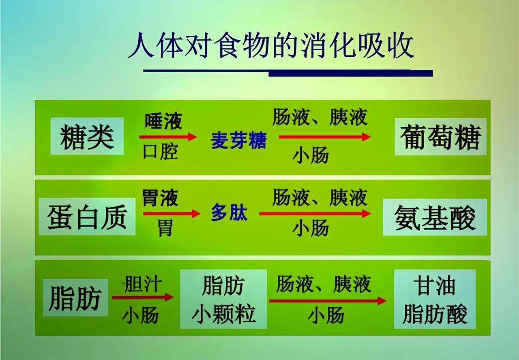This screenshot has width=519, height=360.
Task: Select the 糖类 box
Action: (87, 136)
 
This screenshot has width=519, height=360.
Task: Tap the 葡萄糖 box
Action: (440, 137)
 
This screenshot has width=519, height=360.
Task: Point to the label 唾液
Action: (163, 121)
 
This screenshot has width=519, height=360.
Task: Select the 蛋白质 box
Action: (87, 216)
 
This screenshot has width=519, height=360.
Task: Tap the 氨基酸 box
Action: (435, 217)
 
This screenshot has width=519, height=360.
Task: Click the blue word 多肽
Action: (229, 214)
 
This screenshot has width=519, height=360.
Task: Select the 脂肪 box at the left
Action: (75, 298)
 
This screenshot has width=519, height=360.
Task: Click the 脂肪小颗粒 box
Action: (223, 299)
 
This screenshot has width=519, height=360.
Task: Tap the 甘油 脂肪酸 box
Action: (435, 299)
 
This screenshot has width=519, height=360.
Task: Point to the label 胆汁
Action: (142, 284)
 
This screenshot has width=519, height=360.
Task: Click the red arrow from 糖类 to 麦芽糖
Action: (167, 137)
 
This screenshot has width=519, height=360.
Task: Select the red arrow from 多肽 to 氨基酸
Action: (314, 213)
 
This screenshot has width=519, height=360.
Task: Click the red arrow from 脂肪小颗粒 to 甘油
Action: (327, 300)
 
